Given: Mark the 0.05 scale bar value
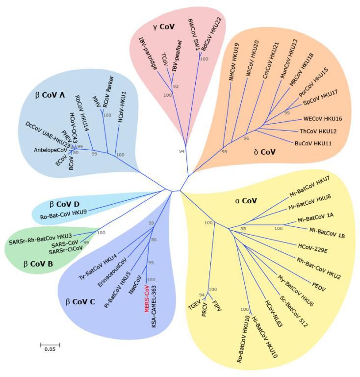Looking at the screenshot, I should point(50,349).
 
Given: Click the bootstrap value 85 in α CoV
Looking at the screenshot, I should point(242,229).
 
